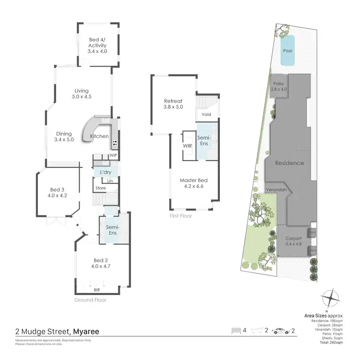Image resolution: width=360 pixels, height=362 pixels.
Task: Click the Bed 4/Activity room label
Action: (97, 46)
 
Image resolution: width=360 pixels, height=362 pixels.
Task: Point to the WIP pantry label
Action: (113, 156)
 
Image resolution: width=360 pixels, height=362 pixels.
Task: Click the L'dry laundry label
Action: (106, 172)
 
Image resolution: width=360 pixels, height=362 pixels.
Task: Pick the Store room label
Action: (100, 188)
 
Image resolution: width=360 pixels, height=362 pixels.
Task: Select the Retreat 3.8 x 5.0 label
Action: (173, 104)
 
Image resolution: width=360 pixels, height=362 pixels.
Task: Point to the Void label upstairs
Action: (206, 115)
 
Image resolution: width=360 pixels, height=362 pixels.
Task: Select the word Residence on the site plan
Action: (289, 163)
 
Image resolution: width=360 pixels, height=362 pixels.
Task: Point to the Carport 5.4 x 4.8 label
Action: (293, 241)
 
